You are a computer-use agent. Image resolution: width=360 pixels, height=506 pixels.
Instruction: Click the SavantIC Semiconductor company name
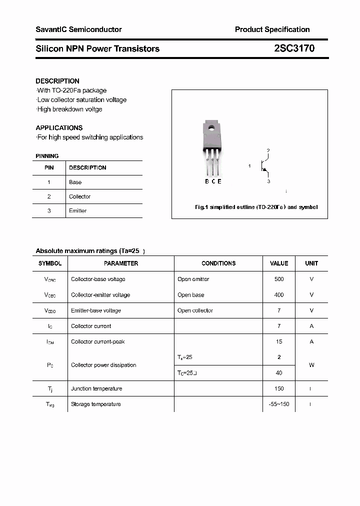pyautogui.click(x=78, y=29)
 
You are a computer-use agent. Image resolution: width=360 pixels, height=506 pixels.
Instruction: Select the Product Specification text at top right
pyautogui.click(x=272, y=29)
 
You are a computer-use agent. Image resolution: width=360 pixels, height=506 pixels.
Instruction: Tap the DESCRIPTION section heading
pyautogui.click(x=57, y=81)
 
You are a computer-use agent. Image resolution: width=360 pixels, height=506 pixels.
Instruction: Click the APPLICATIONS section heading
pyautogui.click(x=59, y=127)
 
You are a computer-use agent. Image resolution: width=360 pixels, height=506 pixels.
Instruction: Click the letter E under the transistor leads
pyautogui.click(x=219, y=181)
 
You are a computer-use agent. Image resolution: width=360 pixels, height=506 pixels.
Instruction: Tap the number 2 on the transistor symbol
pyautogui.click(x=268, y=150)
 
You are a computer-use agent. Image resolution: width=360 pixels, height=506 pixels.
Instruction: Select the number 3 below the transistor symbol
pyautogui.click(x=268, y=181)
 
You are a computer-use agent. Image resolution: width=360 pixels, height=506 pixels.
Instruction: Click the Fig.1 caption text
pyautogui.click(x=256, y=207)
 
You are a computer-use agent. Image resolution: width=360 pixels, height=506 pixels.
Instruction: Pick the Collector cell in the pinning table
pyautogui.click(x=80, y=196)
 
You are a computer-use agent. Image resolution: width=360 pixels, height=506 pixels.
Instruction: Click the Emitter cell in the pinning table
pyautogui.click(x=78, y=210)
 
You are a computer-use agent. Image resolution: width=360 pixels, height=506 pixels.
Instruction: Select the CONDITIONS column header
pyautogui.click(x=218, y=263)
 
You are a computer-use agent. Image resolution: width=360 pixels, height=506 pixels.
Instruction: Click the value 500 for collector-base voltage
pyautogui.click(x=279, y=279)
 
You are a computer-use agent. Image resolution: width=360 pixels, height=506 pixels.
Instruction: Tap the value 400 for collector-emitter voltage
pyautogui.click(x=279, y=295)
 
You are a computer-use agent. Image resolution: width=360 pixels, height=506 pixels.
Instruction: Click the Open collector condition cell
pyautogui.click(x=195, y=310)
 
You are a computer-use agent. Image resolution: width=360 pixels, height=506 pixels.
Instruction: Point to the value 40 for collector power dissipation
pyautogui.click(x=279, y=372)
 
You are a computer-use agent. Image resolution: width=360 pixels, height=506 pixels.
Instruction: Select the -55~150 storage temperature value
pyautogui.click(x=279, y=404)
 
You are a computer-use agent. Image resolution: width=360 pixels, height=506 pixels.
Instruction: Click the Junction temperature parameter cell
pyautogui.click(x=96, y=388)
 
